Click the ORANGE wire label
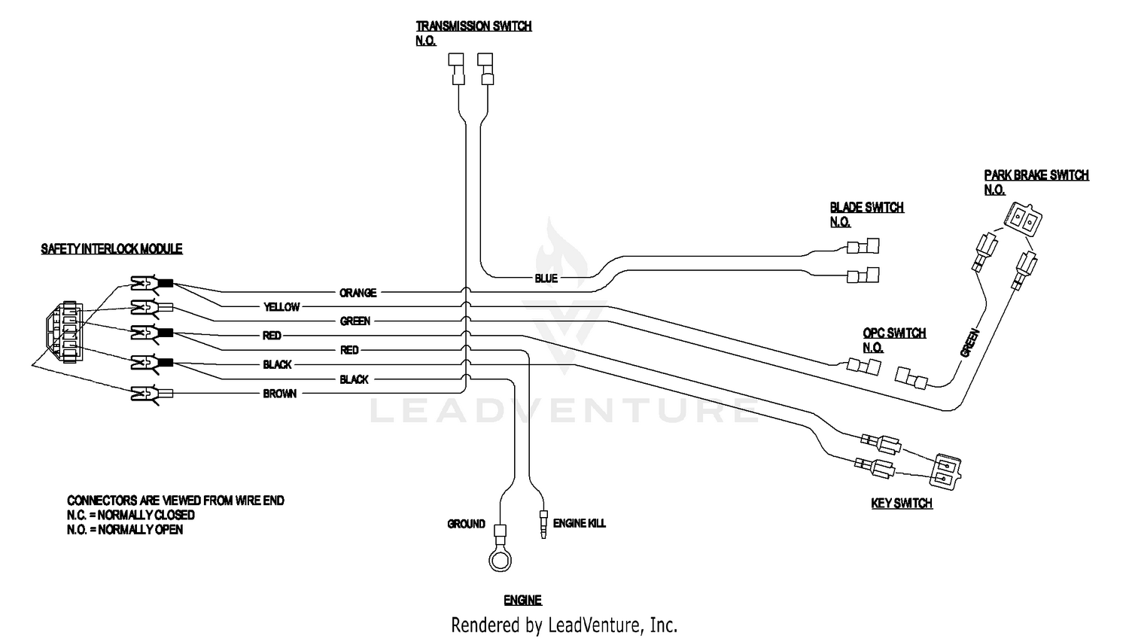pos(358,293)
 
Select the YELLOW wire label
pos(281,307)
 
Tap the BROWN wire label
pos(279,394)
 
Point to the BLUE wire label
pos(546,278)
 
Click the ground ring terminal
pos(499,560)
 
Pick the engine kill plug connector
pos(543,525)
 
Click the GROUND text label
pos(466,524)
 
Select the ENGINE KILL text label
pos(579,523)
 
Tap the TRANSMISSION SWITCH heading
pos(473,26)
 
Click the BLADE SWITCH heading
pos(866,208)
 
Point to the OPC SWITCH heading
pos(894,333)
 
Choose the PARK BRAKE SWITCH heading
pos(1036,175)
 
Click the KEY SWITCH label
pos(901,504)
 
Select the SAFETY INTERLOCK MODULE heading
pos(111,249)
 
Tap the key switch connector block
pos(945,470)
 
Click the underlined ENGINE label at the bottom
pos(522,600)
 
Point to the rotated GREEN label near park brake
pos(970,342)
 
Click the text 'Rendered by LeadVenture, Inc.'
pos(564,625)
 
